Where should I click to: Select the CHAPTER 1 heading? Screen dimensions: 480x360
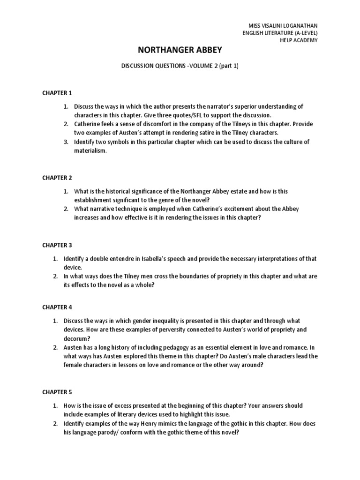click(x=57, y=93)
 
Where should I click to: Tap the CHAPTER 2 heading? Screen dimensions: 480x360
click(x=57, y=178)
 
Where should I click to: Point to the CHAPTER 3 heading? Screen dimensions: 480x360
click(x=57, y=245)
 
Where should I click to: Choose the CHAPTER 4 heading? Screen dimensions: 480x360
click(x=57, y=307)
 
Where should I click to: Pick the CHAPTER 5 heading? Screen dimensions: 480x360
click(x=57, y=391)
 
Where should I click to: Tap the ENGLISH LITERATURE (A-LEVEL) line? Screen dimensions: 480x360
click(x=280, y=33)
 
